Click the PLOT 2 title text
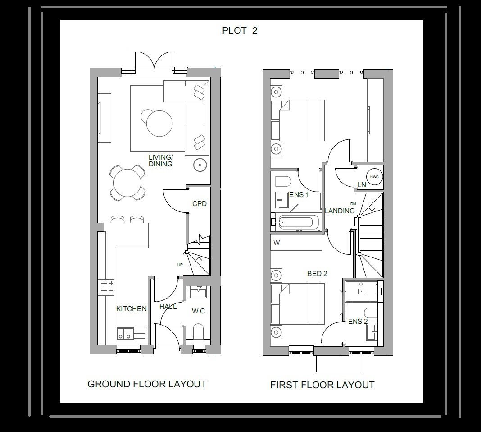240,31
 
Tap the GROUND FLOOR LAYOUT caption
146,384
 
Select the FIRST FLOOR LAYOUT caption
322,385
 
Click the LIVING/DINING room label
160,161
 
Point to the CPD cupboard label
199,204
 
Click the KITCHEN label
132,309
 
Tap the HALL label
168,307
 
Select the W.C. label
199,311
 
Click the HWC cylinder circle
374,177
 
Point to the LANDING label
340,211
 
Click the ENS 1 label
299,195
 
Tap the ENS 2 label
358,322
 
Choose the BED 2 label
317,274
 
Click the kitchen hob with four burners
106,287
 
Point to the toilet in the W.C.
198,331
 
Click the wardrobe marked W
296,243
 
